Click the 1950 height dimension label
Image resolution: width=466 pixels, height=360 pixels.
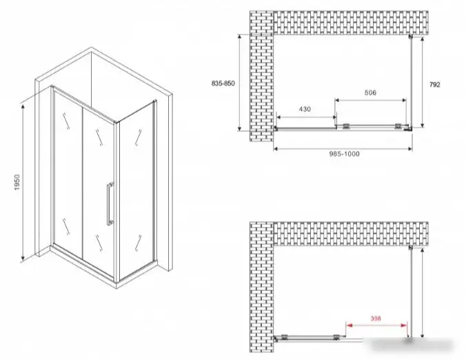[x=17, y=183]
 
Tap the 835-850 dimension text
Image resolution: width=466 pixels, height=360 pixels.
[x=223, y=83]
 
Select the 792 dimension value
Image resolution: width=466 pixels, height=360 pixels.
[x=434, y=85]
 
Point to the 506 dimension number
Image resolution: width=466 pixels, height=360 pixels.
[x=370, y=92]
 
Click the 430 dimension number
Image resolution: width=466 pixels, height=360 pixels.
[x=305, y=109]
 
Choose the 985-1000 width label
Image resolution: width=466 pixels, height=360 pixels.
[x=344, y=154]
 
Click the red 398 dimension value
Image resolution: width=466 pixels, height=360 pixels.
[x=376, y=319]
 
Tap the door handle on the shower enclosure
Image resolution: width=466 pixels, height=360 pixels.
[x=110, y=203]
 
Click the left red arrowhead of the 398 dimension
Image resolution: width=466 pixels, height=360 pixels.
[x=349, y=326]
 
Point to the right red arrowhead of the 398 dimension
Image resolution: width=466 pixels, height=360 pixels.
[x=404, y=326]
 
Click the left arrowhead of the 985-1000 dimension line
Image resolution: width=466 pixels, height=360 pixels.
[x=276, y=149]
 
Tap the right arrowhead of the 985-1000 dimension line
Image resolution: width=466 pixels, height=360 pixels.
[x=409, y=149]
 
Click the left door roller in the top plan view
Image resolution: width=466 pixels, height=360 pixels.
[x=346, y=127]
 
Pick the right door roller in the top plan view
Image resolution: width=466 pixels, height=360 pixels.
[x=397, y=127]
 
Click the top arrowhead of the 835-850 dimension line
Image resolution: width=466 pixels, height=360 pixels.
[x=239, y=37]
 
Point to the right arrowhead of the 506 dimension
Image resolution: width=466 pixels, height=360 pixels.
[x=403, y=101]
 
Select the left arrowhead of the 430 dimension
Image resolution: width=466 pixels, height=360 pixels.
[x=279, y=117]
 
